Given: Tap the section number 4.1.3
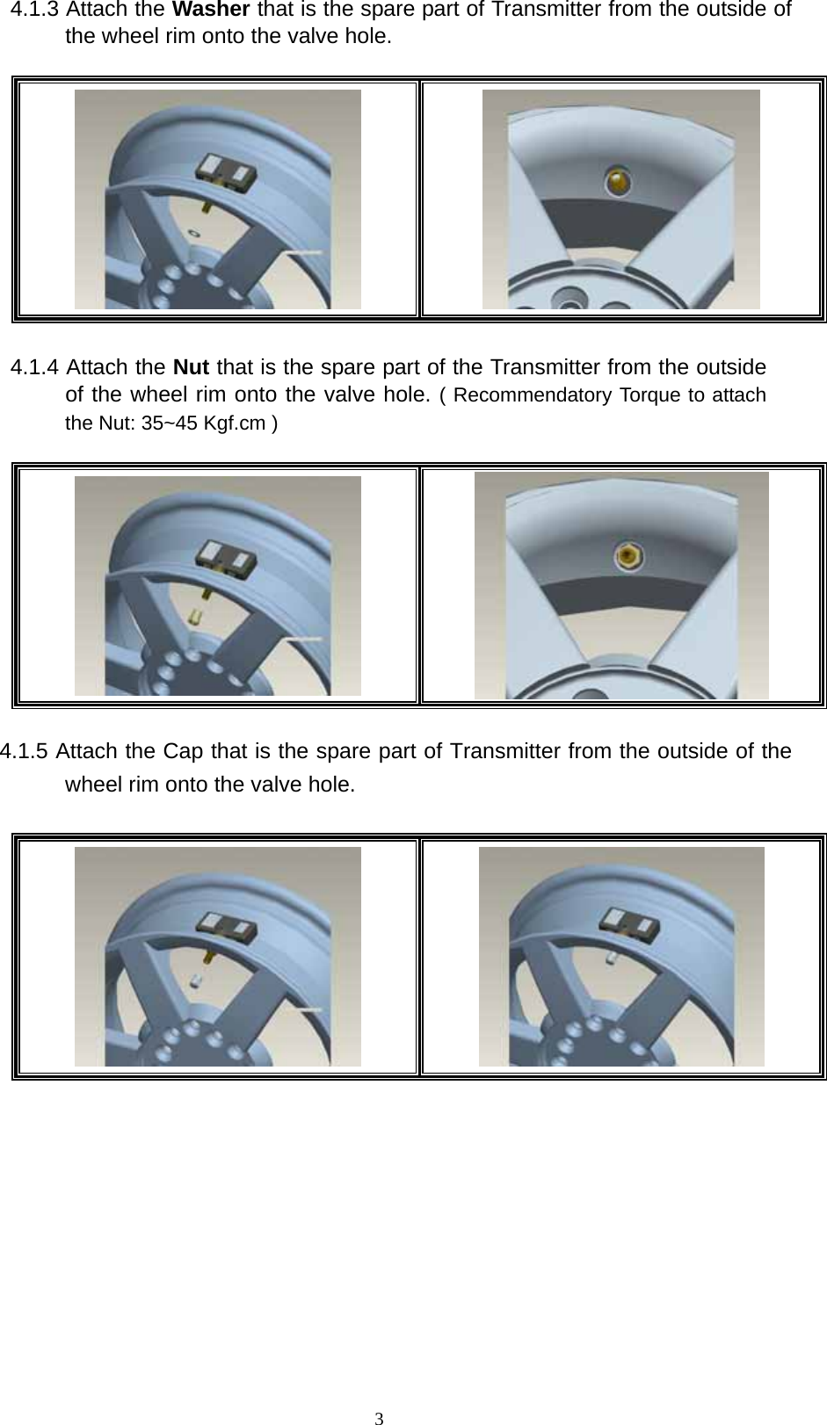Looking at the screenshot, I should pos(35,11).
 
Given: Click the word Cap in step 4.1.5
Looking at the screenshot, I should pos(183,752).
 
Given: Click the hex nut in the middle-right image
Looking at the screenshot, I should pos(628,554).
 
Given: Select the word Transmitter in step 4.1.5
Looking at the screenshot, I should pos(504,752).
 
